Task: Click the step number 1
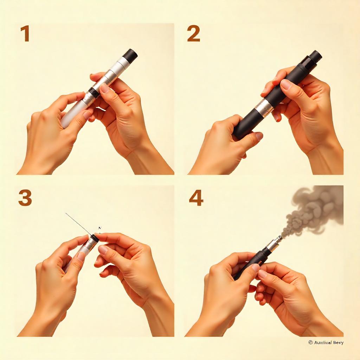coord(25,34)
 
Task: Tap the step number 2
coord(193,34)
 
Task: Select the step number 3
coord(25,198)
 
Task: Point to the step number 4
coord(196,198)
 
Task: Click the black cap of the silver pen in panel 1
coord(130,56)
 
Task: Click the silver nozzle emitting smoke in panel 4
coord(274,244)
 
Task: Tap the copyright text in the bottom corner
coord(326,342)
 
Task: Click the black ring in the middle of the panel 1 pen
coord(93,92)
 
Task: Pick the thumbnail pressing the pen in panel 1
coord(105,88)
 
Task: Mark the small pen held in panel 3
coord(86,248)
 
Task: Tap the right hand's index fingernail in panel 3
coord(103,250)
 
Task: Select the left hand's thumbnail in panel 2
coord(259,136)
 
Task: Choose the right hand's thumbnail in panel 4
coord(263,274)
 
